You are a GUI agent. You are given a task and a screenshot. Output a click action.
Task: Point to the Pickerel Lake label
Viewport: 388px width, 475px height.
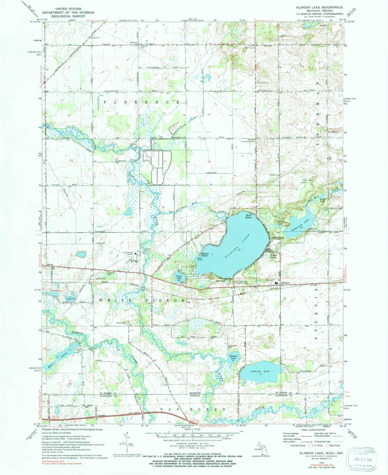[x=233, y=357]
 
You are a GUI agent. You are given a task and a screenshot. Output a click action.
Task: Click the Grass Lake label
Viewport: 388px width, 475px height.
[x=179, y=277]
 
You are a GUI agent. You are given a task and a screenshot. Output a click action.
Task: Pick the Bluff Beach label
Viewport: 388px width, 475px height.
[x=248, y=216]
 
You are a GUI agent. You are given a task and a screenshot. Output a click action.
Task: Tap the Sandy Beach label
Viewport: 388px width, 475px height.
[x=277, y=238]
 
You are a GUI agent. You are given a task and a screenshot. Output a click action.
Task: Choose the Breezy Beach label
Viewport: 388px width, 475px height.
[x=205, y=255]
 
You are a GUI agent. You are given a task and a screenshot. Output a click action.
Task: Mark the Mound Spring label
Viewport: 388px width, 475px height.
[x=273, y=256]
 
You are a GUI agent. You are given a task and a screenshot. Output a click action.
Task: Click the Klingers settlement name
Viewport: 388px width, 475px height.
[x=285, y=283]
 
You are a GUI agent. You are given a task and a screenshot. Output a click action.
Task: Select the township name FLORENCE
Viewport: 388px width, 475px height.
[x=141, y=102]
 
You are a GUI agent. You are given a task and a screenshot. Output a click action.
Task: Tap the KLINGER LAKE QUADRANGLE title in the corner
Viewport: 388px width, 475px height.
[x=321, y=7]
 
